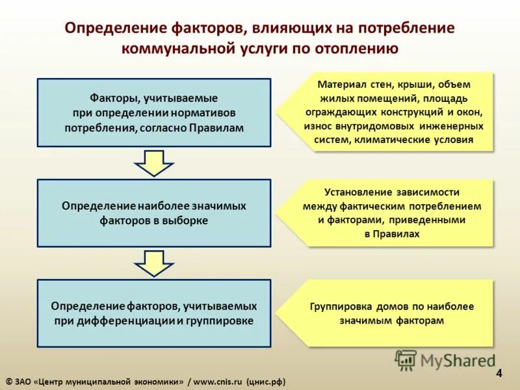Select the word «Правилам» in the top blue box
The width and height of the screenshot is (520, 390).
[x=216, y=128]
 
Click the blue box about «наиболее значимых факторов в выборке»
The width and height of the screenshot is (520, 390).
[x=154, y=213]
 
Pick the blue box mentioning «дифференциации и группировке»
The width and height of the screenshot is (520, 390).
[x=154, y=313]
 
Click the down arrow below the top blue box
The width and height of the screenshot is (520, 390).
[x=154, y=162]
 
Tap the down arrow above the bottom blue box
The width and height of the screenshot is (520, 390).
[x=154, y=263]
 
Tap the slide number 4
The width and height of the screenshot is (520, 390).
[x=499, y=373]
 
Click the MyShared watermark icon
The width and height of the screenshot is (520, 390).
[x=406, y=359]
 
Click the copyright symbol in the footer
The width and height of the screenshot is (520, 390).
[x=8, y=382]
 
